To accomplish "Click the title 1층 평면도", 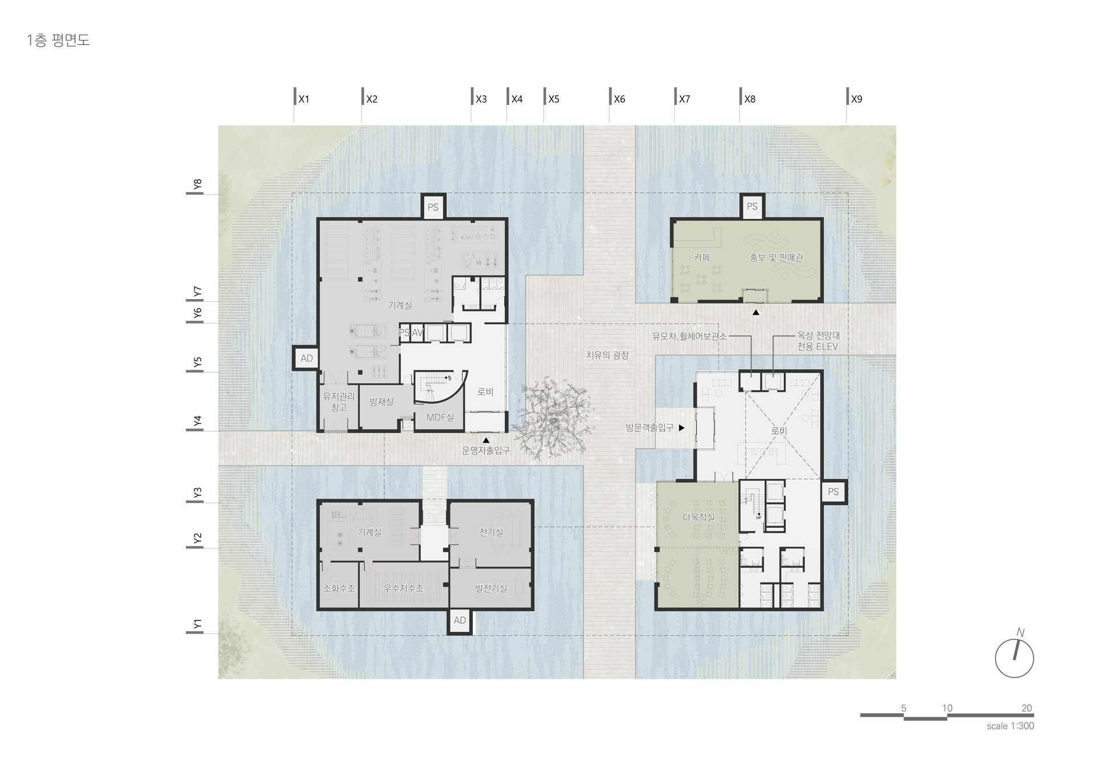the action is click(58, 41).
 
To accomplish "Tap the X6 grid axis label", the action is click(619, 99).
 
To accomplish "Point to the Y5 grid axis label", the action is click(197, 363).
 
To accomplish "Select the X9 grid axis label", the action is click(857, 99).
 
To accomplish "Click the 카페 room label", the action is click(701, 257).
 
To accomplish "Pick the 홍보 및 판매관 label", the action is click(776, 257).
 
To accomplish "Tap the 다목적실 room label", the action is click(699, 517).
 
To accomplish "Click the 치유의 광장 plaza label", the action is click(607, 355).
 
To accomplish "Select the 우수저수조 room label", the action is click(403, 588).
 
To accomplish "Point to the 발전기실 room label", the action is click(491, 588).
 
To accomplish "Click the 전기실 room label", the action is click(491, 532).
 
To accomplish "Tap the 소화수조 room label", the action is click(339, 588).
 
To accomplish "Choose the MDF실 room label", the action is click(440, 417).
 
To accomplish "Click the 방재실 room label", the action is click(381, 402).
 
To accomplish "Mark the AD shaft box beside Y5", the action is click(306, 358).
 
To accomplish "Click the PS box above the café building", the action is click(752, 206).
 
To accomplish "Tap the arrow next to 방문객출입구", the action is click(681, 427).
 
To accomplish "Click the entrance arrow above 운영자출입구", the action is click(486, 440).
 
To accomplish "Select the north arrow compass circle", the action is click(1015, 658).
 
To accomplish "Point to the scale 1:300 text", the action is click(1010, 726).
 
